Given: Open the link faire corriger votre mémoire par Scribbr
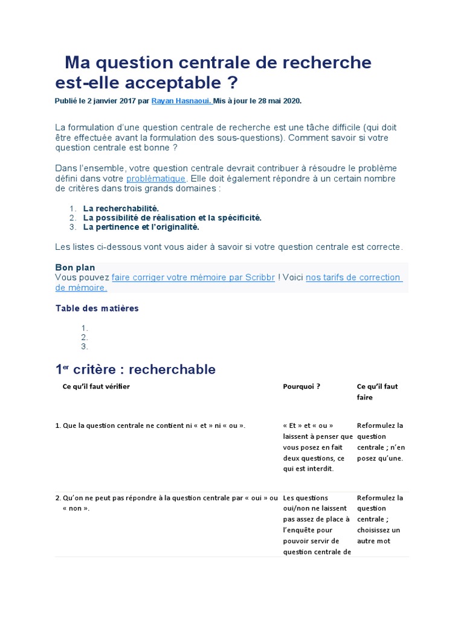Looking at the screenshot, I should tap(193, 277).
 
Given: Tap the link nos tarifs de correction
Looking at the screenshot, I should tap(353, 277).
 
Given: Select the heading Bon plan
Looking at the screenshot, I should tap(75, 267).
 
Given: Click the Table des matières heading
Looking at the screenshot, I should tap(97, 308).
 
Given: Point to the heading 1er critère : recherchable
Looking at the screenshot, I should tap(135, 369).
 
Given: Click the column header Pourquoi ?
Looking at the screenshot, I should tap(301, 386).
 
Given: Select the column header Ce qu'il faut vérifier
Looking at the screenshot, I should tap(96, 386).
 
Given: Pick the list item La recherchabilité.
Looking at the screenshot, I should tap(121, 208).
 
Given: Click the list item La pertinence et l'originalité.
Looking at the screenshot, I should tap(141, 228).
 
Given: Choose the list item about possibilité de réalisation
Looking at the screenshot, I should tap(172, 218).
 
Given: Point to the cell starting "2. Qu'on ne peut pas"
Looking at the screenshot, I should tap(167, 498).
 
